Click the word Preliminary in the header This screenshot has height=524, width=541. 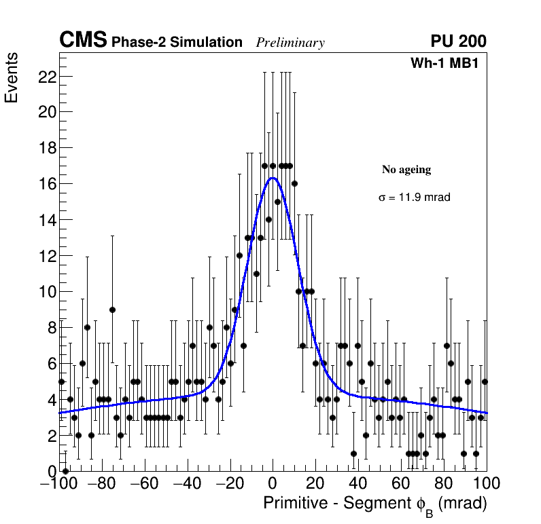click(290, 43)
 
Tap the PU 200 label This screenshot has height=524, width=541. click(458, 41)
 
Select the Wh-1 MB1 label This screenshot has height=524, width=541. click(449, 64)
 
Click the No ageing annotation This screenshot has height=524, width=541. click(406, 170)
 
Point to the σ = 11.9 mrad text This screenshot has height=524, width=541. click(415, 198)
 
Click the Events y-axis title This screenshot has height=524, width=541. click(12, 79)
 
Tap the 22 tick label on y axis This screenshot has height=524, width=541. click(46, 77)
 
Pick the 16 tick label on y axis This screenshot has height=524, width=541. click(46, 184)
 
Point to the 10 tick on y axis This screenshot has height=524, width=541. click(46, 292)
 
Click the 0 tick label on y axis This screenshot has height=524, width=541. click(50, 471)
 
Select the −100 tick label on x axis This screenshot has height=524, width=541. click(59, 484)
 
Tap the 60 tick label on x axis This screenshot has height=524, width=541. click(401, 484)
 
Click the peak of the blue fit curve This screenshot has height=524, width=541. click(273, 178)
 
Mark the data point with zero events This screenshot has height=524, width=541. click(65, 470)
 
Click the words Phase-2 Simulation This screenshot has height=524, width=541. click(177, 43)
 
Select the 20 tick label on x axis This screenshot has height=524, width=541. click(315, 484)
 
